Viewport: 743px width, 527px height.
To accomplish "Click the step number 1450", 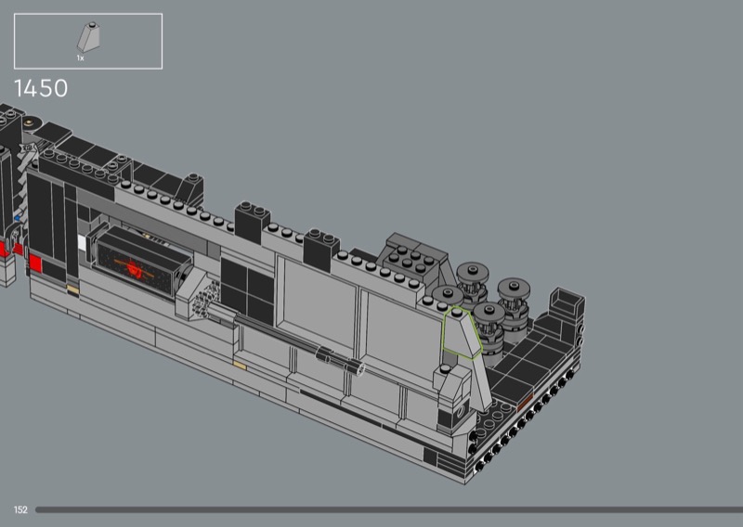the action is tap(41, 88).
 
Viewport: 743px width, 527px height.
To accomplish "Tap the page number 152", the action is tap(20, 510).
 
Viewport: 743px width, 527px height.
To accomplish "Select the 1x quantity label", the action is tap(81, 58).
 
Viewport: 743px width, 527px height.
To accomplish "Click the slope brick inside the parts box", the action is tap(88, 37).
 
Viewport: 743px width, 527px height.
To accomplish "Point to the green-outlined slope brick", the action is tap(462, 333).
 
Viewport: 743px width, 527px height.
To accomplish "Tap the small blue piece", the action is tap(18, 218).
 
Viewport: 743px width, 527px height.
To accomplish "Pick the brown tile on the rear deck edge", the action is tap(525, 402).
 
